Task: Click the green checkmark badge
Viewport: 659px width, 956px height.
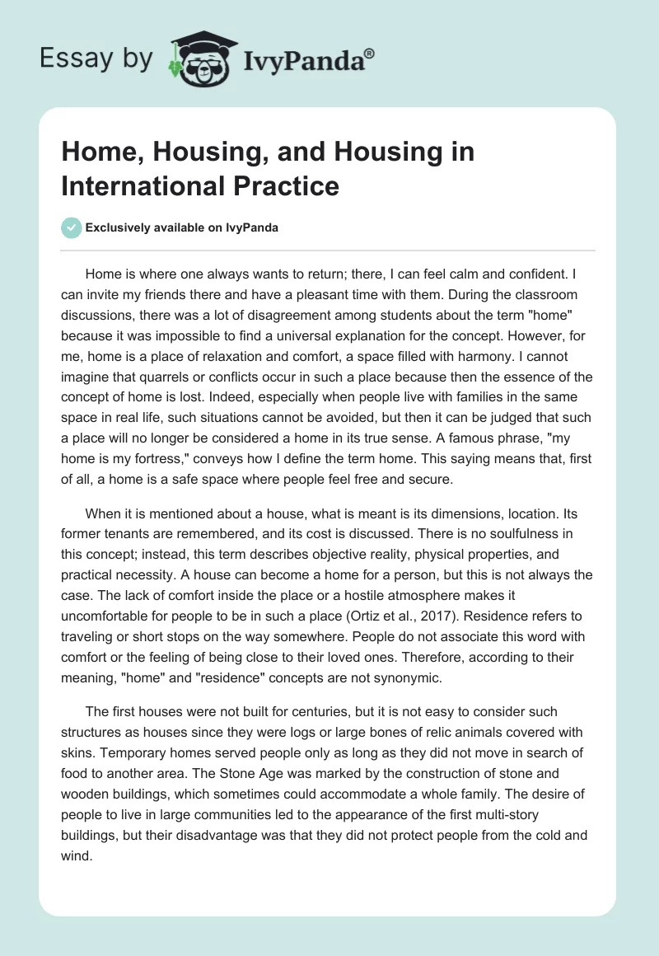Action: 72,228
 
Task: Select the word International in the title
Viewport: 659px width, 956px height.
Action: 131,185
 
